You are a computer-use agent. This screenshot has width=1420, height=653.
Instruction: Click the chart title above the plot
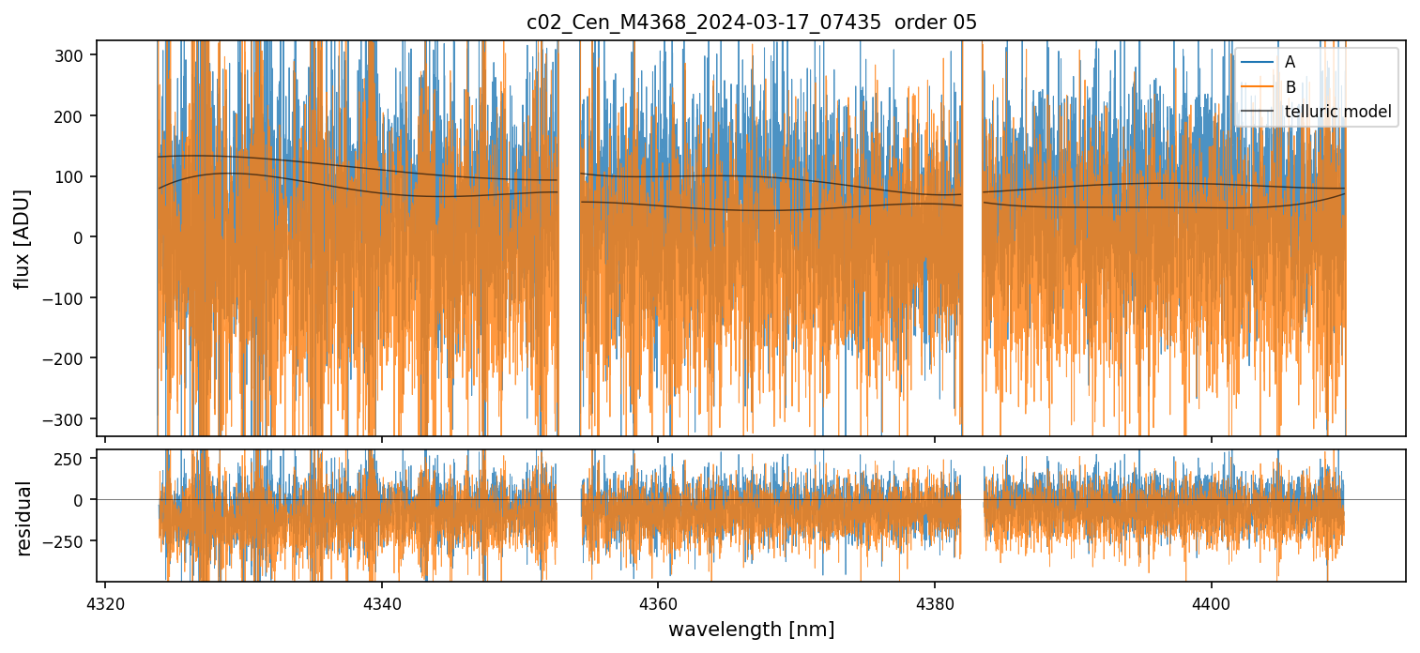[751, 23]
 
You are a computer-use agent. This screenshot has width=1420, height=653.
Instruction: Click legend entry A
[1290, 62]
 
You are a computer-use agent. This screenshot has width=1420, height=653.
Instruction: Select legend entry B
[1290, 87]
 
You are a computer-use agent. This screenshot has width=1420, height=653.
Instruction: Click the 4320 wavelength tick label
[105, 601]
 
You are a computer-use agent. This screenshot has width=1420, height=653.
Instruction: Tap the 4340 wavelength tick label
[382, 601]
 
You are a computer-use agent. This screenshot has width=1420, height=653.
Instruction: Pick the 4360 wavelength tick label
[658, 601]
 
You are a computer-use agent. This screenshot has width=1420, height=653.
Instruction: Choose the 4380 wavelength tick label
[935, 601]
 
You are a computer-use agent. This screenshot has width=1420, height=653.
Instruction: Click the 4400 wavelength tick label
[1211, 601]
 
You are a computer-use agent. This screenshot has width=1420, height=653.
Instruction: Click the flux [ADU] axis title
[22, 238]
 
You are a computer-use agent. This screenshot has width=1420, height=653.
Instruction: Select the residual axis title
[24, 518]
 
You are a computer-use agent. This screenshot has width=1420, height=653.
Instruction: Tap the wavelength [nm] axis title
[751, 629]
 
